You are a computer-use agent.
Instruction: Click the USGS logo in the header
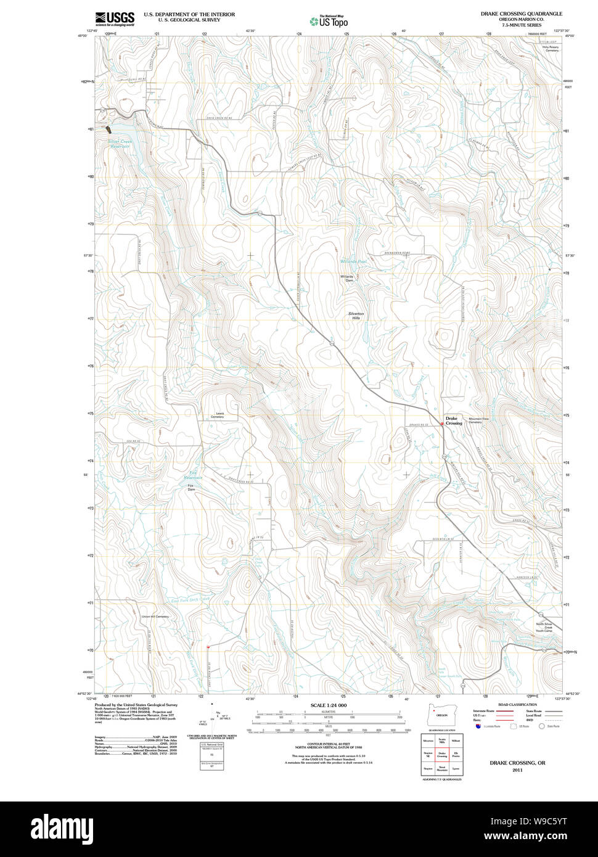[x=115, y=19]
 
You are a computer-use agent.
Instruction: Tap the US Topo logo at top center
[x=329, y=20]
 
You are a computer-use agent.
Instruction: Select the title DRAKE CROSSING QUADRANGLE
[x=521, y=14]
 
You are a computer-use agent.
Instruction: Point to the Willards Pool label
[x=353, y=261]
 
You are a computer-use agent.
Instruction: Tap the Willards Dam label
[x=347, y=278]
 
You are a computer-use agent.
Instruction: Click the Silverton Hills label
[x=358, y=316]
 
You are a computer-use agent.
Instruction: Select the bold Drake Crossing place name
[x=453, y=420]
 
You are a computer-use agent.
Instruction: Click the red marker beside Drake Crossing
[x=442, y=424]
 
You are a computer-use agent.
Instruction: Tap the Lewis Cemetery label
[x=216, y=415]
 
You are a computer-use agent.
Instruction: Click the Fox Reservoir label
[x=195, y=475]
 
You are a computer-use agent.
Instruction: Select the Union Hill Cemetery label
[x=155, y=617]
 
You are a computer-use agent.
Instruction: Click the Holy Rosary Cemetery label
[x=550, y=48]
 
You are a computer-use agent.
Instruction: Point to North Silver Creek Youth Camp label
[x=543, y=627]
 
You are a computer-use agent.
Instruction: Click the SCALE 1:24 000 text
[x=329, y=705]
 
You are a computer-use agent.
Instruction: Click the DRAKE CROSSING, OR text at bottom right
[x=517, y=763]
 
